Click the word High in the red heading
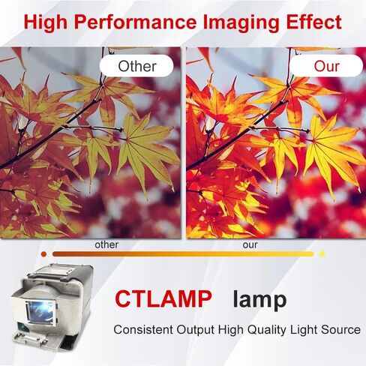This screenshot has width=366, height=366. [x=46, y=23]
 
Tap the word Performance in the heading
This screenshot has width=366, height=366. [x=135, y=22]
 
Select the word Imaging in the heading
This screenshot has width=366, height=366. [x=241, y=23]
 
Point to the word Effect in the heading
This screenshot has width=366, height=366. [x=313, y=22]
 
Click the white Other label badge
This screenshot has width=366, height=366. [x=136, y=66]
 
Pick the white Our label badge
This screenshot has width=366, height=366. [x=326, y=66]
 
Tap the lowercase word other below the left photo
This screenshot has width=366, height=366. [x=106, y=244]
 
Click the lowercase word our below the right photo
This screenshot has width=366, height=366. [x=250, y=245]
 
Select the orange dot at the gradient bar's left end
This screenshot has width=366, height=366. [x=43, y=254]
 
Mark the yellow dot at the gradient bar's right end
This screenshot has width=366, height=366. [x=322, y=254]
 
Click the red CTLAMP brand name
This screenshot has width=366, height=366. [x=163, y=298]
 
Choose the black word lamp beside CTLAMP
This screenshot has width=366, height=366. [x=259, y=300]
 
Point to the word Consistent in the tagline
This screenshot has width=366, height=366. [x=143, y=329]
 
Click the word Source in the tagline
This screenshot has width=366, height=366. [x=340, y=329]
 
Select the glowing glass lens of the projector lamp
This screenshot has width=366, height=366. [x=40, y=312]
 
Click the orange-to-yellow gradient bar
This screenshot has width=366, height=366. [x=183, y=254]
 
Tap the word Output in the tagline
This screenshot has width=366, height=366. [x=196, y=330]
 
